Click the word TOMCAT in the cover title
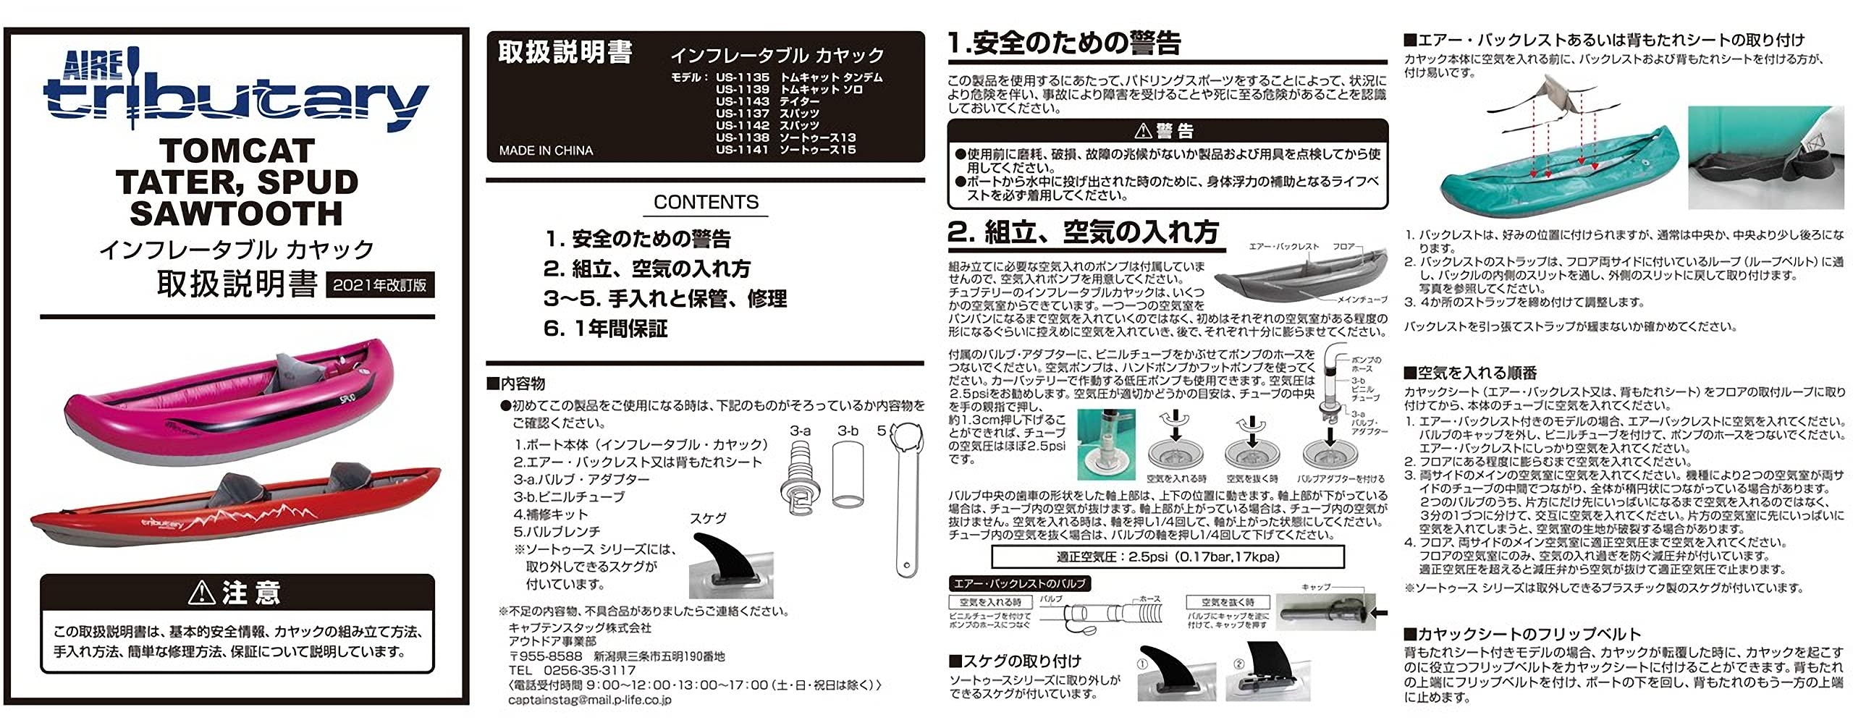[237, 151]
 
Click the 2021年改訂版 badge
[379, 285]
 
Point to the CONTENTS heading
[706, 203]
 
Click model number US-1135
[742, 77]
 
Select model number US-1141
[742, 150]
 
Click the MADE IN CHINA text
[546, 151]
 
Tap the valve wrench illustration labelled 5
[906, 499]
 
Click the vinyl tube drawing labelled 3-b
[848, 475]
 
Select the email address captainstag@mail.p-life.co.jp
[590, 700]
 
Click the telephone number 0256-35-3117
[589, 671]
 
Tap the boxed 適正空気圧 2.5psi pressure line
[1168, 556]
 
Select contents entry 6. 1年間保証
[605, 329]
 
